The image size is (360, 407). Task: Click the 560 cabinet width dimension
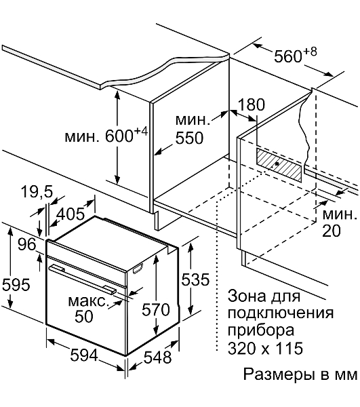(x=288, y=56)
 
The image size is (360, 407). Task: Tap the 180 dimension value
(x=251, y=104)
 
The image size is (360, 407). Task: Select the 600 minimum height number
(x=119, y=136)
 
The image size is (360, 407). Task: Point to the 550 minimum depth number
(x=189, y=138)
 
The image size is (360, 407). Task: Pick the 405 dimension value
(x=71, y=214)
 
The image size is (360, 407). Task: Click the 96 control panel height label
(x=26, y=244)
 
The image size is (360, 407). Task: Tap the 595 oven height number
(x=16, y=285)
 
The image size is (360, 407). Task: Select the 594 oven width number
(x=84, y=355)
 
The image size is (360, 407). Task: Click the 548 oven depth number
(x=158, y=357)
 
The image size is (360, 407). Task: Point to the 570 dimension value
(x=156, y=309)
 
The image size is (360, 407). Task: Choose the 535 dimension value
(x=195, y=279)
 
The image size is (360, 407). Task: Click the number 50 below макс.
(x=84, y=316)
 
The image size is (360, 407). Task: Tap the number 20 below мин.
(x=332, y=231)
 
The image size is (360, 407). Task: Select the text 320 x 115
(x=265, y=348)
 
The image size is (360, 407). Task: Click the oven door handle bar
(x=83, y=279)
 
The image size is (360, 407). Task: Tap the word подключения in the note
(x=281, y=314)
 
